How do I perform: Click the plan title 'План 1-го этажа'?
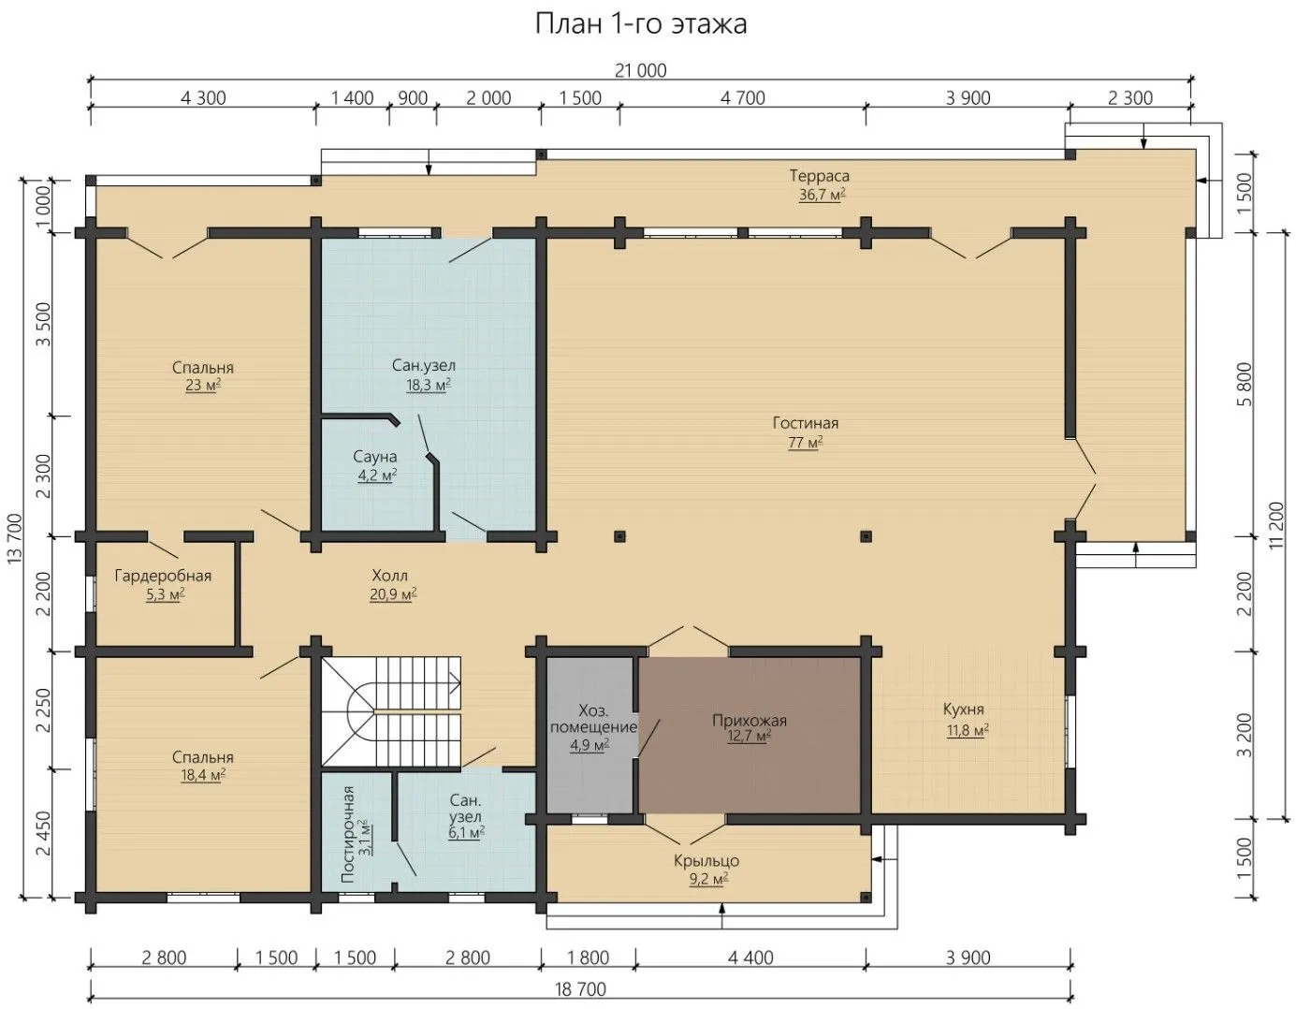point(641,24)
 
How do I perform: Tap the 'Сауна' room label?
point(374,457)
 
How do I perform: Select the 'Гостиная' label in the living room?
point(805,423)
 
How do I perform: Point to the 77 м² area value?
point(805,442)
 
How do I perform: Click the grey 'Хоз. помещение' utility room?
point(590,736)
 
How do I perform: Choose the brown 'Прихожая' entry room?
point(750,736)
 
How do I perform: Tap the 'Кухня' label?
point(963,709)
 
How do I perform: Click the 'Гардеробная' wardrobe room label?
point(163,576)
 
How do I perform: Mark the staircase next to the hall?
point(391,711)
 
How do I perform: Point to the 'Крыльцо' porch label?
point(706,860)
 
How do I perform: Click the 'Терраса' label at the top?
point(819,175)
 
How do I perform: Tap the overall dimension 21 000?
point(641,70)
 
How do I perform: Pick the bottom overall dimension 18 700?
point(580,989)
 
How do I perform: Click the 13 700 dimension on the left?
point(15,537)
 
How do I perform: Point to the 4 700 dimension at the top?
point(743,97)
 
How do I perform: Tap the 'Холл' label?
point(389,576)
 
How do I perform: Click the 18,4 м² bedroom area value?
point(203,775)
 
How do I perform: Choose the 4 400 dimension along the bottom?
point(750,958)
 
